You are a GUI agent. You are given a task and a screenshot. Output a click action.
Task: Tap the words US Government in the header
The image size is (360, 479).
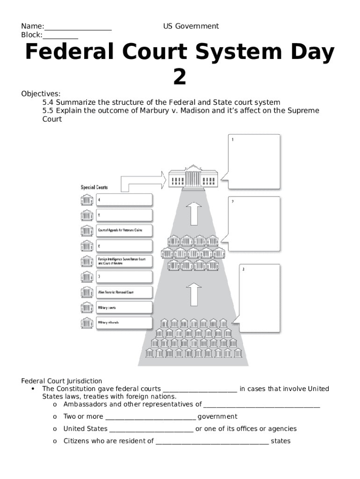click(x=191, y=26)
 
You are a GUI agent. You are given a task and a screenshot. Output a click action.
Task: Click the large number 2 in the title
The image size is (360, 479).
click(x=180, y=77)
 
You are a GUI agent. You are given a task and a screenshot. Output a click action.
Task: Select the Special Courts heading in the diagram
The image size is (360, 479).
click(x=94, y=188)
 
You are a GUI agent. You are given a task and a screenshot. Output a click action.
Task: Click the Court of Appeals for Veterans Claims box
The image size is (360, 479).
click(x=124, y=231)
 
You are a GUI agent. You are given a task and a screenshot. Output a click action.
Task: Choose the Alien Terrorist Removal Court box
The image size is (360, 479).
click(x=124, y=292)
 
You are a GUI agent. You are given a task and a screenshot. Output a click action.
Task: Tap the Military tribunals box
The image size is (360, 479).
click(x=124, y=323)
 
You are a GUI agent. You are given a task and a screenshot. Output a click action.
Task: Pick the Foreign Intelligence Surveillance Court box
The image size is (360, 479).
click(x=124, y=261)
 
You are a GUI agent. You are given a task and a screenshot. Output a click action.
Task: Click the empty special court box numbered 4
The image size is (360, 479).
click(x=124, y=200)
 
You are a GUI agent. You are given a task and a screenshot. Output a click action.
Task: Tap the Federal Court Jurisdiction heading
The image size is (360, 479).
click(x=61, y=381)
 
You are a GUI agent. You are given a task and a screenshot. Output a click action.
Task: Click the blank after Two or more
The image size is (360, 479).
click(x=150, y=417)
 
